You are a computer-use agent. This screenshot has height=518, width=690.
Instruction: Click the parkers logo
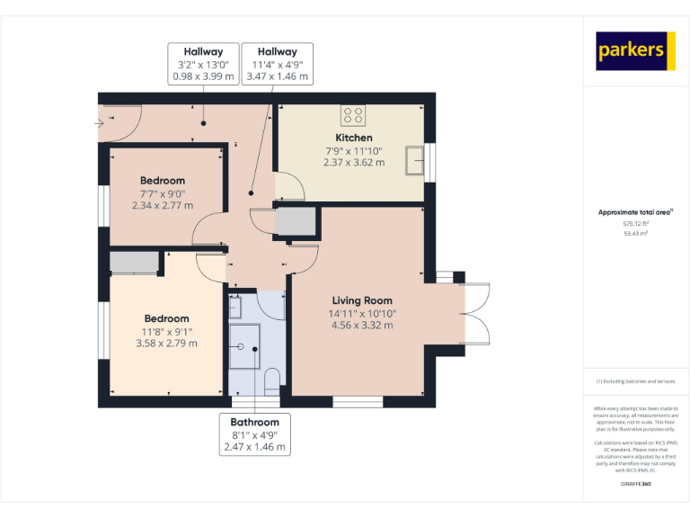(x=636, y=51)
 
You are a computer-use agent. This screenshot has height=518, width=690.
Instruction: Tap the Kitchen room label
(x=354, y=138)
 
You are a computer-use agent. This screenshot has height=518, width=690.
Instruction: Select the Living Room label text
(x=361, y=300)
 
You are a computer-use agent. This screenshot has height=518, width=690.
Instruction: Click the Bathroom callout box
(x=254, y=434)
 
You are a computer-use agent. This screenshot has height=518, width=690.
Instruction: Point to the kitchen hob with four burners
(x=352, y=115)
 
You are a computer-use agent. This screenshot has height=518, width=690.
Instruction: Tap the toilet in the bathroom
(x=272, y=380)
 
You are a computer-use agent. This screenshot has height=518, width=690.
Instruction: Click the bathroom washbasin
(x=235, y=308)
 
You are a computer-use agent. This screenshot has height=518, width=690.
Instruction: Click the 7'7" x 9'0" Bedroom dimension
(x=162, y=193)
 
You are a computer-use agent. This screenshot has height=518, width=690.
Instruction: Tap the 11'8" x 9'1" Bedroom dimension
(x=166, y=331)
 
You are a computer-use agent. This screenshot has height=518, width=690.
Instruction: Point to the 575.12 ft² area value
(x=635, y=223)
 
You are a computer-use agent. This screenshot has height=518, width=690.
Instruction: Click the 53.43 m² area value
(x=635, y=233)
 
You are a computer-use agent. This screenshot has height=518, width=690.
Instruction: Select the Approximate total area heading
(x=635, y=212)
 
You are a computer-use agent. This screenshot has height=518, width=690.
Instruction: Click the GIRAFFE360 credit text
(x=635, y=484)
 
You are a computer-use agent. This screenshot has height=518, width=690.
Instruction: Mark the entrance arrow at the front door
(x=99, y=122)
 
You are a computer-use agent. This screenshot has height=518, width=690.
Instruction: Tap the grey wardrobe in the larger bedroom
(x=133, y=263)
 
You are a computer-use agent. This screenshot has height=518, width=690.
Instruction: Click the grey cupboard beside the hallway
(x=296, y=221)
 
